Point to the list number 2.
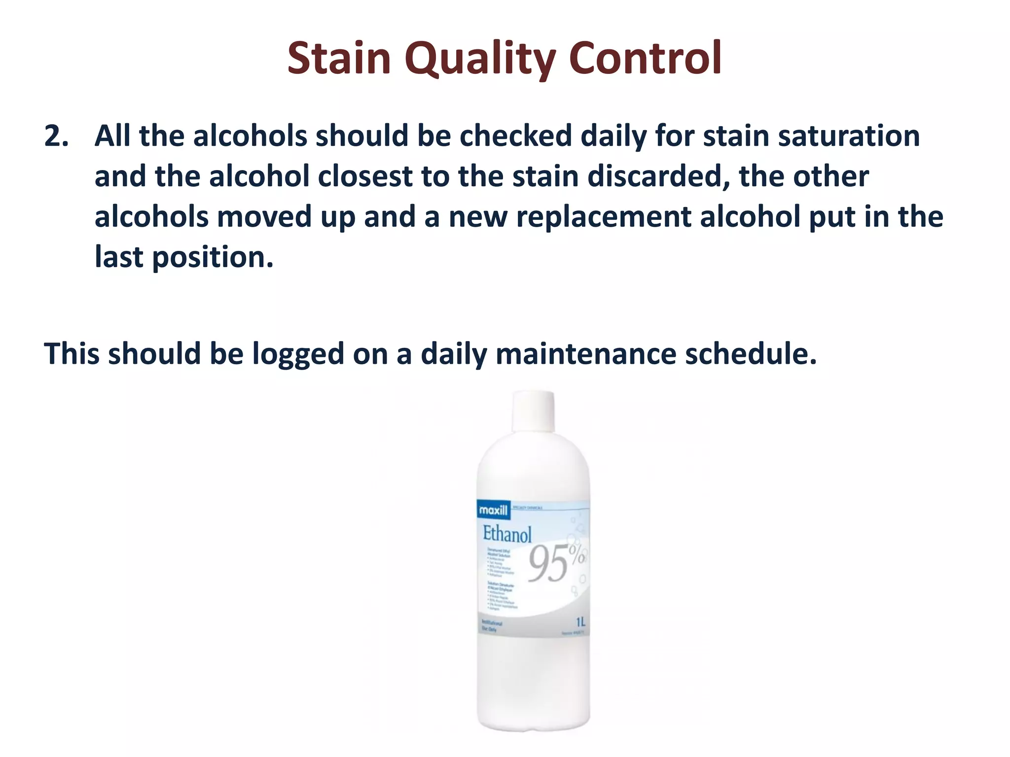(x=56, y=136)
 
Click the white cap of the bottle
(x=534, y=411)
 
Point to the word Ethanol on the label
(x=507, y=534)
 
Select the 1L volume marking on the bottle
(x=580, y=622)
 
